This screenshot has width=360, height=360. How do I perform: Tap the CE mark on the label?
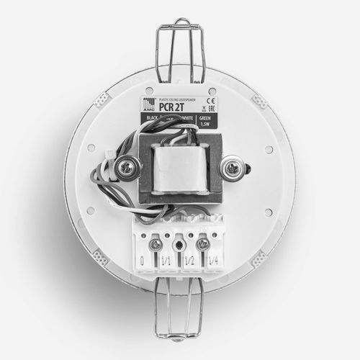click(x=212, y=101)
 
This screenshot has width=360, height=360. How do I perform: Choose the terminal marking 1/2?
click(x=190, y=261)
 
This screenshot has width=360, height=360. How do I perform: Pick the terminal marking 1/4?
click(x=213, y=261)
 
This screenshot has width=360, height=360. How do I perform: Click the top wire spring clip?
click(x=180, y=43)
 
